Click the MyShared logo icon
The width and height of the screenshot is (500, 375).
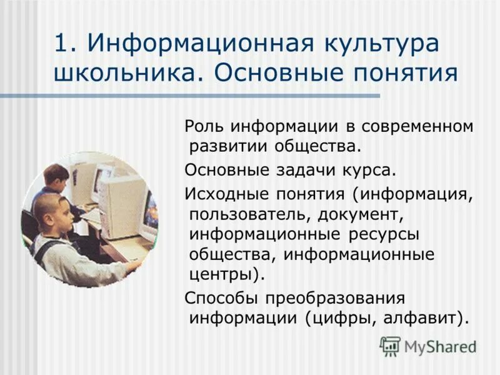click(390, 345)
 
